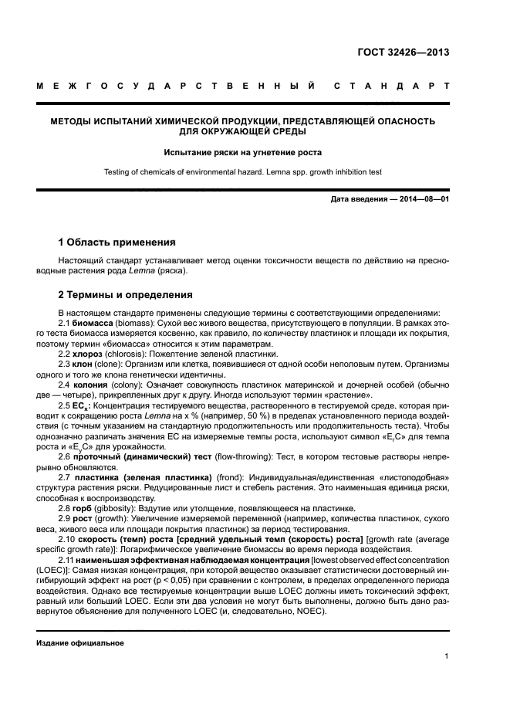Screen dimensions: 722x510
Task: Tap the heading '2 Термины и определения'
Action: [126, 294]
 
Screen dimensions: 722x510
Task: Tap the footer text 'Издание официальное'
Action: [80, 642]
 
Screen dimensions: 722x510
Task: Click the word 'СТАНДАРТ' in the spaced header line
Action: [390, 86]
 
